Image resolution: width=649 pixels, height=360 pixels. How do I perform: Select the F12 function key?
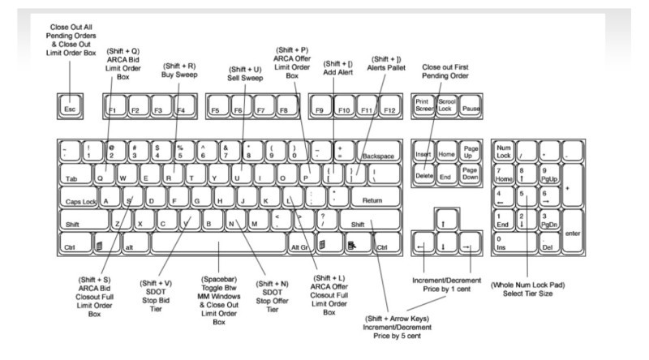tap(390, 107)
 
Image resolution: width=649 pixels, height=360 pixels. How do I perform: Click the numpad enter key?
tap(571, 234)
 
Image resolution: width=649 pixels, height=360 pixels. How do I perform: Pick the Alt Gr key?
tap(299, 245)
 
